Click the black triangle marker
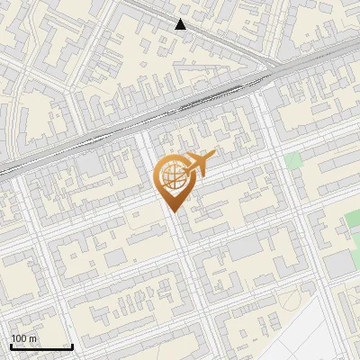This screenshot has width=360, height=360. pos(181,24)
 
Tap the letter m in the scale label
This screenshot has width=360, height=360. pos(33,338)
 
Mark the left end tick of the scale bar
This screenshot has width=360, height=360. pos(11,346)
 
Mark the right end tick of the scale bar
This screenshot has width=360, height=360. pos(72,346)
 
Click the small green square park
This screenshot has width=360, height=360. pos(292,162)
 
